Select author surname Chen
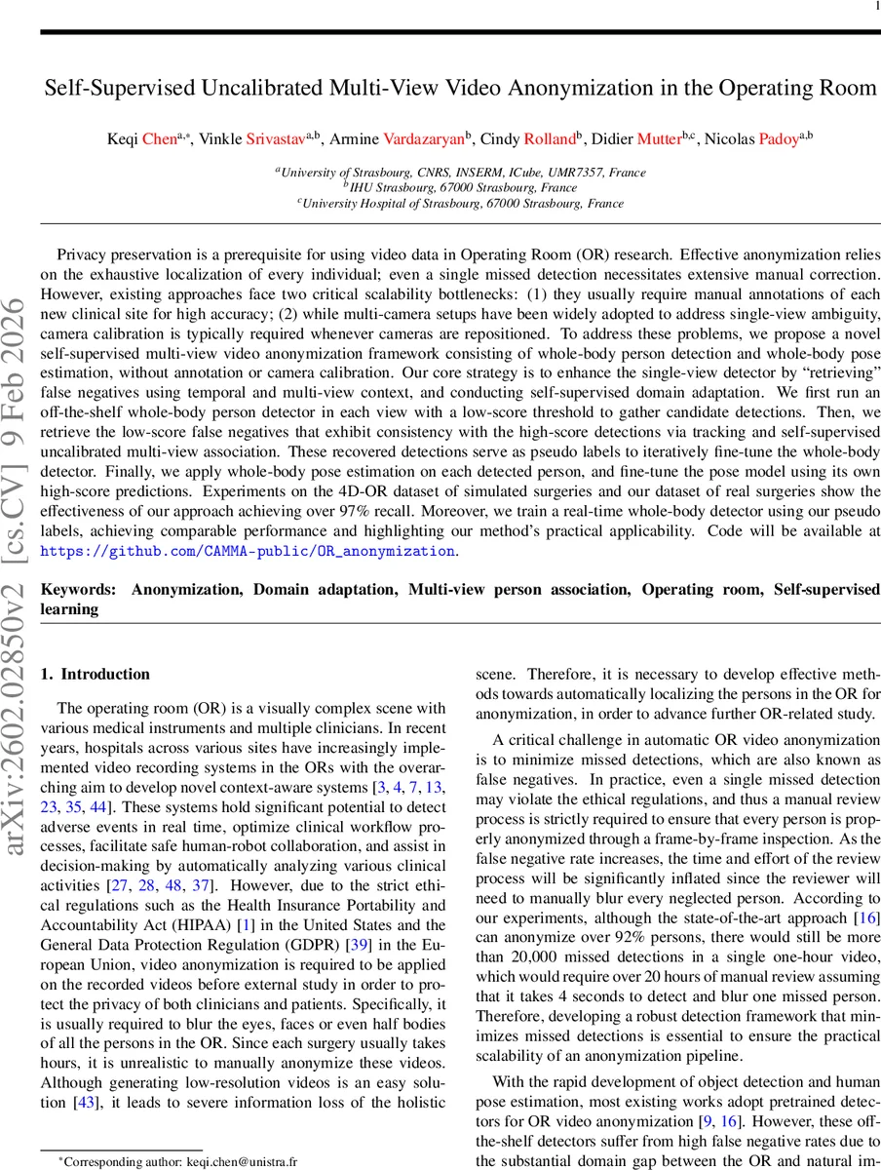(156, 139)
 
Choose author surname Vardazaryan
(424, 139)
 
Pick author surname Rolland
(550, 139)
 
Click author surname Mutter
(657, 139)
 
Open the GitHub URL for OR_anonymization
(247, 551)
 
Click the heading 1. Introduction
(96, 674)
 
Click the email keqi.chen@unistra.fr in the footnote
(238, 1162)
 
